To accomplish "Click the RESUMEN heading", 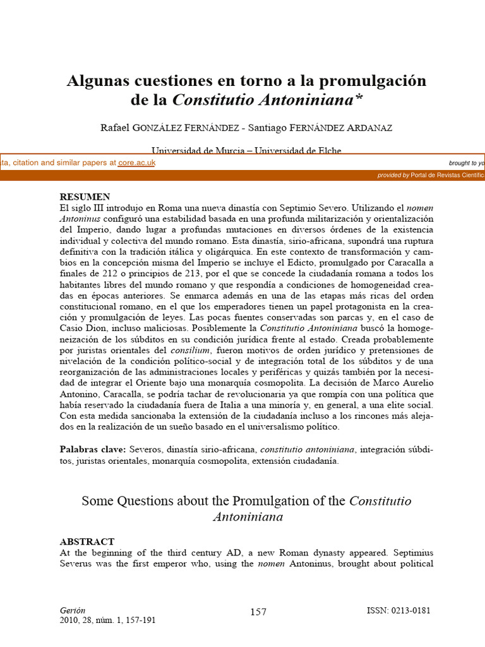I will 85,197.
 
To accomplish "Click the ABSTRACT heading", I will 87,541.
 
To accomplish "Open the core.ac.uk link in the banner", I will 136,162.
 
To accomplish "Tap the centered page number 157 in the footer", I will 258,612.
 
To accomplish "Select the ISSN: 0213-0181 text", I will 399,610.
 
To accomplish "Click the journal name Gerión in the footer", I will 71,610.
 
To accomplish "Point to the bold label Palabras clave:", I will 93,449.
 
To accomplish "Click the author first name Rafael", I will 115,128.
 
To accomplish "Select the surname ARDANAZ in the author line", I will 369,128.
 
